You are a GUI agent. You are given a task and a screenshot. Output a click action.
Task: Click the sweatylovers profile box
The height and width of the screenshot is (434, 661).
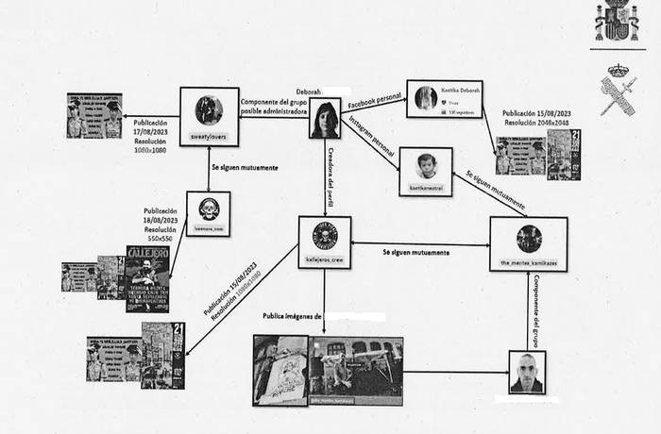coord(209,116)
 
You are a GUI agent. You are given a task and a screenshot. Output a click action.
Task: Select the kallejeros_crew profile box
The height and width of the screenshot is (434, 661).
coord(324,242)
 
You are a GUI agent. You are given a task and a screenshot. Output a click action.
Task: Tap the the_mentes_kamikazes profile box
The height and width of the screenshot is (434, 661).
coord(528,244)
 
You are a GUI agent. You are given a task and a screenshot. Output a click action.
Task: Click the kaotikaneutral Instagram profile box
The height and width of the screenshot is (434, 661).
coord(426,171)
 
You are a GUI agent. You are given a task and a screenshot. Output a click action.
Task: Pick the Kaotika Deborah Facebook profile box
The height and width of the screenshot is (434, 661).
coord(444,98)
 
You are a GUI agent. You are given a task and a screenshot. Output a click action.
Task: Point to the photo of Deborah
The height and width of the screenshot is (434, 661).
coord(325,119)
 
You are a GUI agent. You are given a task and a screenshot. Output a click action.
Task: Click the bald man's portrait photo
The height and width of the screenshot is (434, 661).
coord(526,372)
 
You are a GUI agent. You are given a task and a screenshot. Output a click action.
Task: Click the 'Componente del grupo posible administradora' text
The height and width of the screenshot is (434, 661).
coord(274,107)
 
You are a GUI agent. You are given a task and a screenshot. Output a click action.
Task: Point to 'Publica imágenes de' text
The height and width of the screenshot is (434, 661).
coord(292,316)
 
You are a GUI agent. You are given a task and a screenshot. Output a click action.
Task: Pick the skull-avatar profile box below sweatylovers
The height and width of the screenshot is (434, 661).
coord(208,213)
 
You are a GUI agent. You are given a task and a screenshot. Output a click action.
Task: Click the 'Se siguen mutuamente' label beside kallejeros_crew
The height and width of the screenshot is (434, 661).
coord(415,253)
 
